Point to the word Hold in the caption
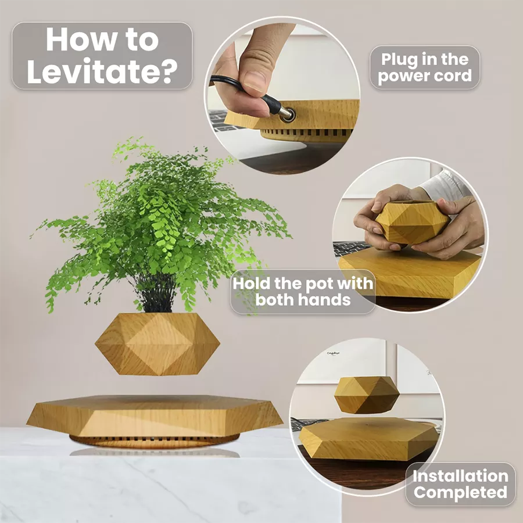(x=252, y=284)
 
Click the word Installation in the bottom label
(x=460, y=476)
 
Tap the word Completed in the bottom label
(x=460, y=492)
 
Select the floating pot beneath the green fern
(x=157, y=344)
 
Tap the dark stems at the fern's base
(x=157, y=293)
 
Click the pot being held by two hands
(x=412, y=222)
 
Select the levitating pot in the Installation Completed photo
(x=367, y=395)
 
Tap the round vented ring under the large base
(x=155, y=441)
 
